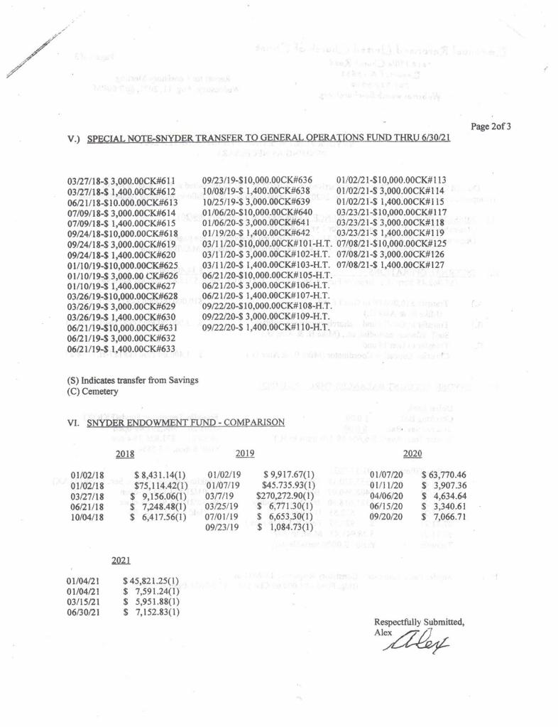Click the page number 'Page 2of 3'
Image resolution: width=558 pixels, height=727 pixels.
coord(491,126)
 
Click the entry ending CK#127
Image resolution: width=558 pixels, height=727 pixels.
coord(390,264)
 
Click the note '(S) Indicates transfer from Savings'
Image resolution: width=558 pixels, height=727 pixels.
coord(133,380)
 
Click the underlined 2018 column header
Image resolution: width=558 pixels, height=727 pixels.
coord(124,453)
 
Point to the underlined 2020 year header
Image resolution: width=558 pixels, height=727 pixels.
coord(412,453)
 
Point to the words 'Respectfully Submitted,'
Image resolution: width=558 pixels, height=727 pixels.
coord(419,622)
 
